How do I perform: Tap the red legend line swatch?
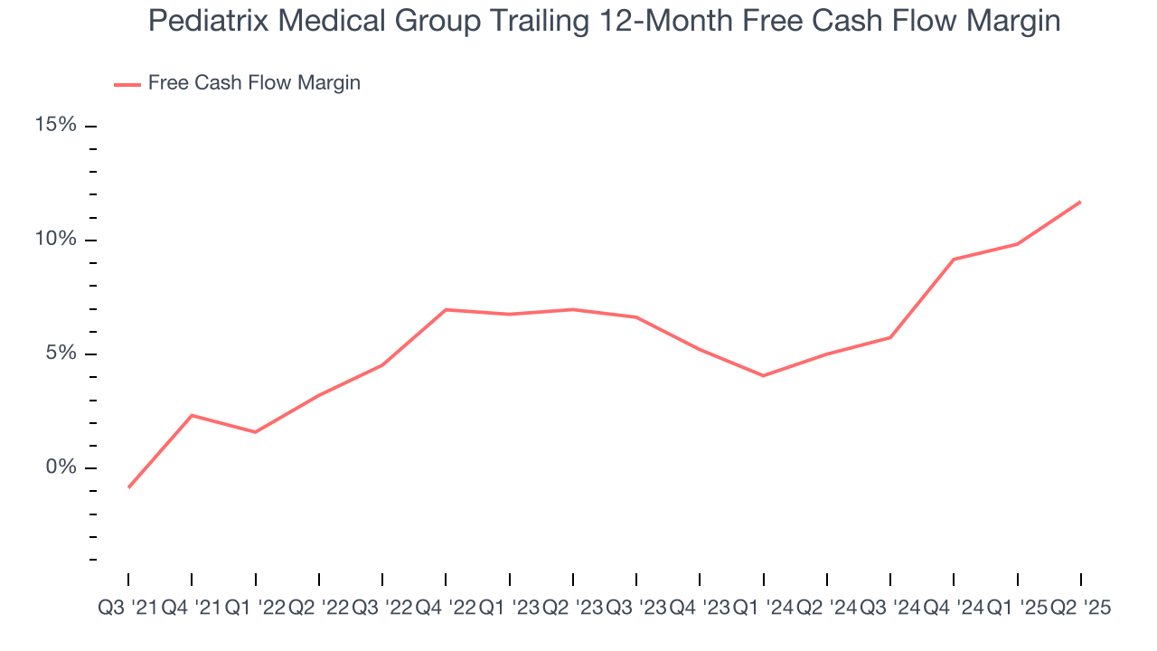[127, 84]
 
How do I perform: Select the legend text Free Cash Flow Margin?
[254, 83]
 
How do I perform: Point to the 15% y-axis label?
[55, 125]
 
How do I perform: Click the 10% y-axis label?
[55, 240]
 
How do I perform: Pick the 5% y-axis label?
[61, 354]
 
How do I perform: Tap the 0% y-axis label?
[61, 467]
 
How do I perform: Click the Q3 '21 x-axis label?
[127, 609]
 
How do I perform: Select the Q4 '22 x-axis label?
[446, 609]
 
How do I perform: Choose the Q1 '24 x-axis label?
[764, 609]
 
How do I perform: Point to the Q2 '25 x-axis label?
[1080, 609]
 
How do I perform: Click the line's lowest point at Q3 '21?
[128, 487]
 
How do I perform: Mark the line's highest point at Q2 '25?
[1081, 202]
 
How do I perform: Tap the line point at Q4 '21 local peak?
[192, 415]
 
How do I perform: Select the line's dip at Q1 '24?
[764, 375]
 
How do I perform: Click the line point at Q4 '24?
[954, 259]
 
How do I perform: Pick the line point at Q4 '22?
[446, 309]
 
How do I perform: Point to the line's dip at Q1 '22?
[255, 432]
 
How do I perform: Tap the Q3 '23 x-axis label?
[636, 609]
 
